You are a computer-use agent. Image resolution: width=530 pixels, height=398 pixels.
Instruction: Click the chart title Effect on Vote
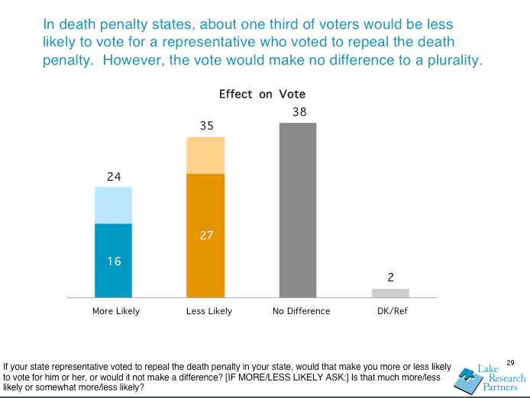262,95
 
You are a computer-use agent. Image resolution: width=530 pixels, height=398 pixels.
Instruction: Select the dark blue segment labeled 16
113,260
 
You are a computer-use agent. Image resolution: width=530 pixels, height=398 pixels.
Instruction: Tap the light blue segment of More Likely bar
113,205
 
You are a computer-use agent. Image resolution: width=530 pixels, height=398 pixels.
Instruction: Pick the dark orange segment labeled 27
206,236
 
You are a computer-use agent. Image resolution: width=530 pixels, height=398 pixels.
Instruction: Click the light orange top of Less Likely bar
206,156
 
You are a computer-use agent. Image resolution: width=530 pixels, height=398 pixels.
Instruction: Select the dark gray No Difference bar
298,210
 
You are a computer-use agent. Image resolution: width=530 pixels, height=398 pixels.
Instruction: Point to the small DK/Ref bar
390,293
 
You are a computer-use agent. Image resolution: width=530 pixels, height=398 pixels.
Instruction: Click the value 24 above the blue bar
114,177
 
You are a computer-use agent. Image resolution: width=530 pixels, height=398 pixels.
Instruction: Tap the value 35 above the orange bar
206,126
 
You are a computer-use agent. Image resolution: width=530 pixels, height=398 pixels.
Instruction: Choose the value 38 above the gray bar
299,112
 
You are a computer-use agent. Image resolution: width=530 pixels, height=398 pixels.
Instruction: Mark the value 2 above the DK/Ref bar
391,278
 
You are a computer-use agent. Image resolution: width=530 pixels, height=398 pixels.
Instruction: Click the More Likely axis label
115,311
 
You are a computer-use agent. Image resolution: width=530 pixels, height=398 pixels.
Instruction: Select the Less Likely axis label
208,311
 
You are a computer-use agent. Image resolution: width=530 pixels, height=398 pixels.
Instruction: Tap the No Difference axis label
302,311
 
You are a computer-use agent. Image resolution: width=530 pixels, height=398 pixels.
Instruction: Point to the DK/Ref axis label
391,311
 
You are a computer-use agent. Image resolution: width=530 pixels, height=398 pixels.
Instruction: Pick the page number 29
511,362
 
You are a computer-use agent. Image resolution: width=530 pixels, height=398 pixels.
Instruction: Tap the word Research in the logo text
507,379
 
